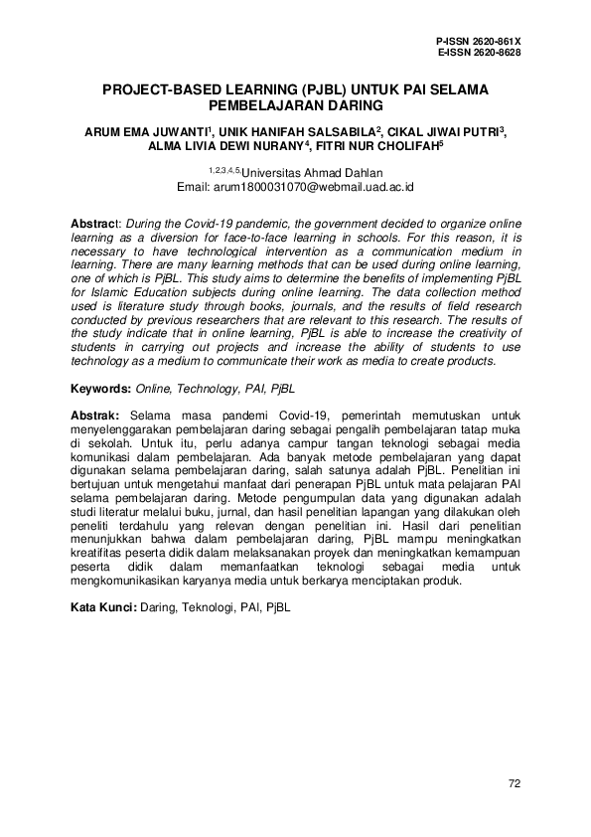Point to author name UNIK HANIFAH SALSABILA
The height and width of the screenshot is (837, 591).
(296, 129)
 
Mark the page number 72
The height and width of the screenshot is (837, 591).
(514, 784)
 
